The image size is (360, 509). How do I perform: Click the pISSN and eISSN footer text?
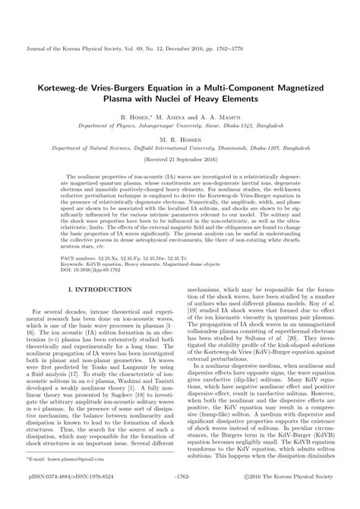[x=77, y=498]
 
